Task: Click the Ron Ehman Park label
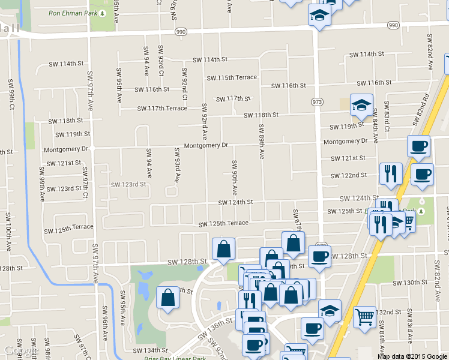pos(73,12)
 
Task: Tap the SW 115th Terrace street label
pos(232,77)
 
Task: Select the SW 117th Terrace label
pos(162,109)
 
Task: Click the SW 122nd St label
pos(349,175)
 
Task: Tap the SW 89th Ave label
pos(261,142)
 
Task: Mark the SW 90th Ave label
pos(234,178)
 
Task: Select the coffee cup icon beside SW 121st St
pos(418,145)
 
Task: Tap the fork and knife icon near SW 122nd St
pos(391,173)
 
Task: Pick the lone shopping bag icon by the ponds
pos(167,298)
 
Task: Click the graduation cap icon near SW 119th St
pos(361,104)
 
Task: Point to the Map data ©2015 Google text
pos(412,356)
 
